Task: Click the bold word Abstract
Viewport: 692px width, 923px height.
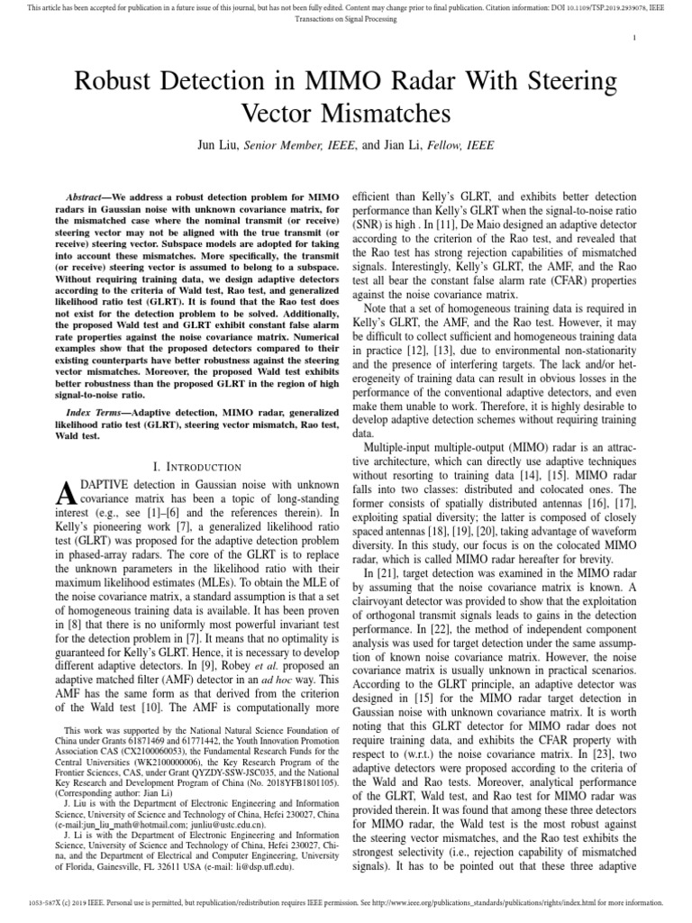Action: (x=95, y=196)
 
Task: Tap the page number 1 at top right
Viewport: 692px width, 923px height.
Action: (x=636, y=37)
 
